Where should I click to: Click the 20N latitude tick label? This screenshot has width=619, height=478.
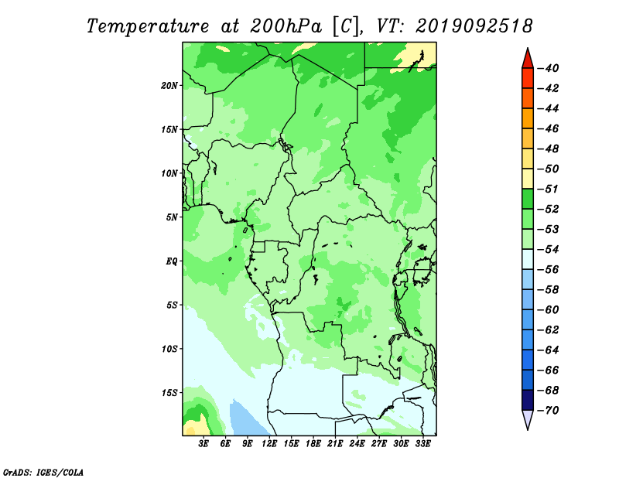[169, 86]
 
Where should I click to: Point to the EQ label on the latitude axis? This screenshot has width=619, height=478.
[172, 261]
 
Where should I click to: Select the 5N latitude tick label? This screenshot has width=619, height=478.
[172, 217]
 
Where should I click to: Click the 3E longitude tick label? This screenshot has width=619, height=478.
[203, 444]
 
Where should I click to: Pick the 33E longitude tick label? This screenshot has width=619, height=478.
[422, 444]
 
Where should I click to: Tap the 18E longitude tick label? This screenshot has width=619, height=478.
[313, 444]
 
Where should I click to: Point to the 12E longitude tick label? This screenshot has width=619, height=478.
[269, 444]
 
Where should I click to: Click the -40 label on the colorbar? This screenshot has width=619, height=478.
[549, 68]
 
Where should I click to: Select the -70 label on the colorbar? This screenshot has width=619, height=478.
[549, 411]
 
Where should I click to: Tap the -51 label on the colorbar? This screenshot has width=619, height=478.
[549, 189]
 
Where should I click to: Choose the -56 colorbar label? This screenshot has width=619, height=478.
[549, 270]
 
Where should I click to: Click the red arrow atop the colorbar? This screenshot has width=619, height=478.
[528, 60]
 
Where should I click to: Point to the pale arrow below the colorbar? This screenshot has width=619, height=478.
[528, 419]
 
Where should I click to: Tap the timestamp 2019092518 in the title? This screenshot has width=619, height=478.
[474, 26]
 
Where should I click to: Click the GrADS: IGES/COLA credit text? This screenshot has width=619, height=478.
[43, 473]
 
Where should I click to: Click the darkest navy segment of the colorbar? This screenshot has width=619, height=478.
[528, 400]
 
